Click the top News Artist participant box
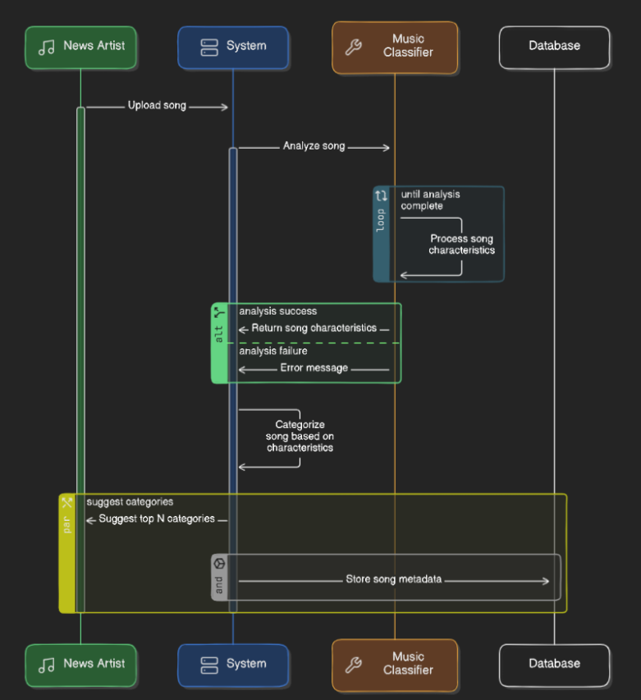click(x=80, y=47)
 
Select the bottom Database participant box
click(x=554, y=664)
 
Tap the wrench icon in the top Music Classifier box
click(x=353, y=47)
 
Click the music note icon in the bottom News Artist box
click(x=47, y=665)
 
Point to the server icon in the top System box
click(x=209, y=47)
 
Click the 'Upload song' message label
click(x=157, y=106)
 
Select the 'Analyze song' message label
click(x=314, y=146)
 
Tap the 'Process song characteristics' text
click(x=461, y=244)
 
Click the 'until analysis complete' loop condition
click(x=430, y=200)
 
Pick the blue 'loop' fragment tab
click(x=381, y=234)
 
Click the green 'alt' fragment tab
click(x=219, y=343)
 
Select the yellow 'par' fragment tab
click(x=67, y=553)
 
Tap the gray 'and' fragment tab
click(x=219, y=578)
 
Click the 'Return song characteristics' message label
click(x=314, y=329)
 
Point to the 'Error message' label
click(x=314, y=368)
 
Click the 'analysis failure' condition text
click(x=273, y=351)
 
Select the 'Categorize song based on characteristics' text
click(x=300, y=436)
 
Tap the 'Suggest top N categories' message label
click(x=157, y=519)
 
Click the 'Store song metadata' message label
click(x=393, y=579)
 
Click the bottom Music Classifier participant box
click(x=395, y=664)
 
